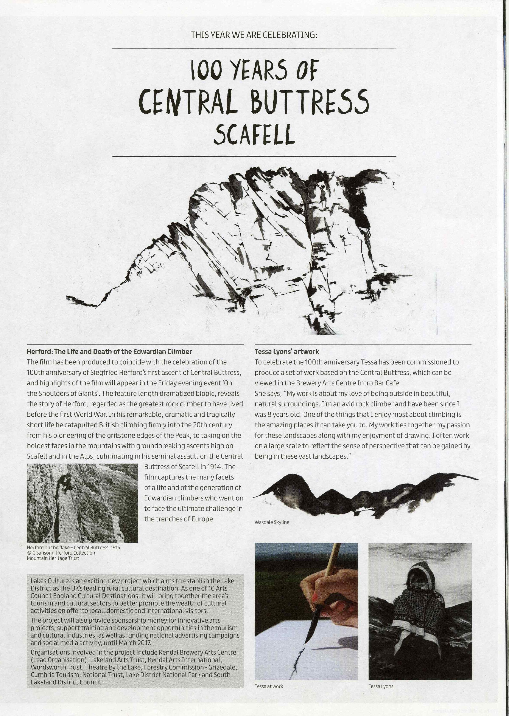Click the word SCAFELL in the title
pos(254,135)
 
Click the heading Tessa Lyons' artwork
pos(286,352)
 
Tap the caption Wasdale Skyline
pos(272,522)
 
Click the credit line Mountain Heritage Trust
pos(53,558)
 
